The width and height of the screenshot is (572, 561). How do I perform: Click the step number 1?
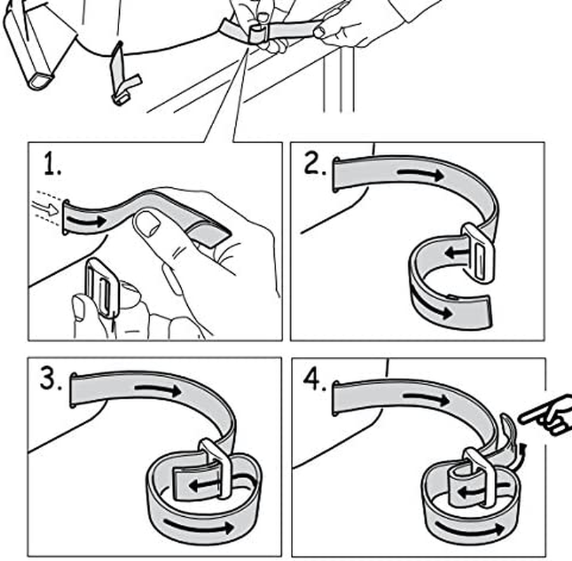pos(50,165)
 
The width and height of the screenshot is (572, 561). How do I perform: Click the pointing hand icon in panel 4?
pos(545,415)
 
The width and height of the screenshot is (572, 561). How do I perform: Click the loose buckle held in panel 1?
pos(100,288)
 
